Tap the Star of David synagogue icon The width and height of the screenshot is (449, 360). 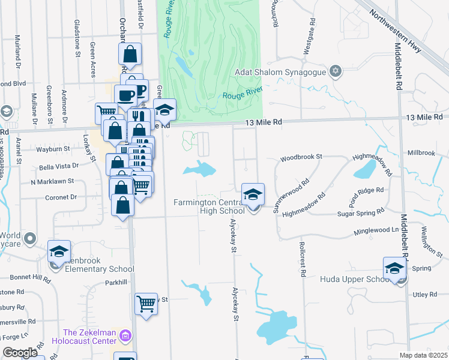[x=336, y=72]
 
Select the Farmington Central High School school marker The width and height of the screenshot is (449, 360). [x=253, y=195]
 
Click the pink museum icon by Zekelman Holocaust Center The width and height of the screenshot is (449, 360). [x=125, y=334]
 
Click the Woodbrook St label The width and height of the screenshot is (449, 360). [x=301, y=157]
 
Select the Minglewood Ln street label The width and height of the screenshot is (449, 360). [x=378, y=230]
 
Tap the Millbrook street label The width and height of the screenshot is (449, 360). [x=421, y=153]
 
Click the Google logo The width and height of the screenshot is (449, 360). [x=20, y=353]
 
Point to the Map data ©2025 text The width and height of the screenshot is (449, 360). [x=423, y=355]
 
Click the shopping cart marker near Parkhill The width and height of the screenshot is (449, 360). [x=146, y=305]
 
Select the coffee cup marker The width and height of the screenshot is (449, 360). [x=126, y=95]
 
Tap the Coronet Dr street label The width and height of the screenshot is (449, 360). [x=61, y=197]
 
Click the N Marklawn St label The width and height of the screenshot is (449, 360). [x=52, y=181]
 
